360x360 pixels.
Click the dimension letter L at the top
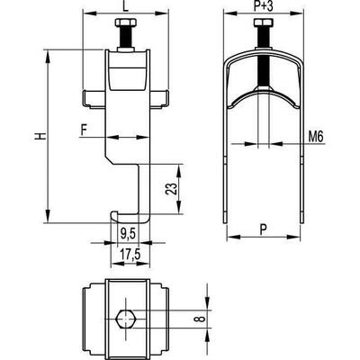[126, 6]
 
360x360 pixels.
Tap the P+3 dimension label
[263, 6]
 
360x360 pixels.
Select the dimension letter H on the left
[40, 136]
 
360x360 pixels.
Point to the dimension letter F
[85, 130]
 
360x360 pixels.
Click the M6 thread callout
[316, 138]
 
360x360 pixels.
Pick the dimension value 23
[171, 189]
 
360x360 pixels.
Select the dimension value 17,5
[130, 255]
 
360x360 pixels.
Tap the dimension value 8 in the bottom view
[202, 319]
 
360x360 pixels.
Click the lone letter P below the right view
[263, 230]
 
